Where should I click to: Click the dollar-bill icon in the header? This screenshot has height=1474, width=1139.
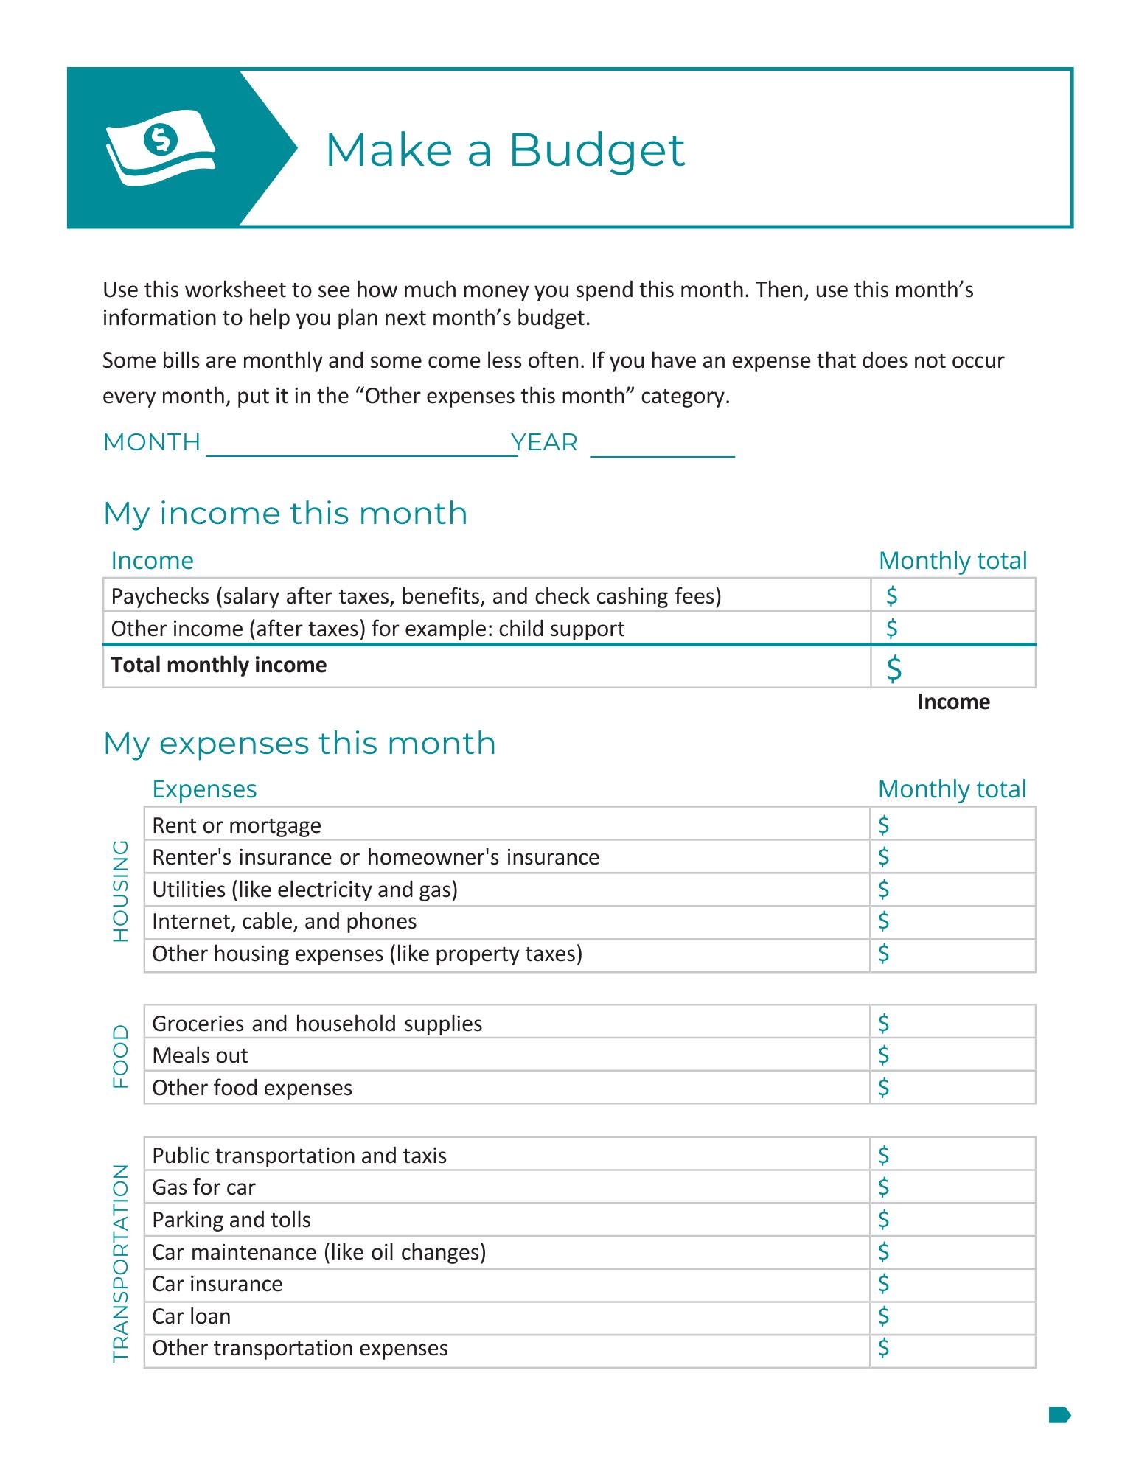pyautogui.click(x=161, y=147)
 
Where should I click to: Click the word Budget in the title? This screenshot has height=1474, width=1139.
pyautogui.click(x=596, y=150)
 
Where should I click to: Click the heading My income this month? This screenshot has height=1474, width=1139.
pyautogui.click(x=285, y=514)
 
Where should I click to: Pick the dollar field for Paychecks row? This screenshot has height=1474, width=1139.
pyautogui.click(x=952, y=595)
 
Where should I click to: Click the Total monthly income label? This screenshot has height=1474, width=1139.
pyautogui.click(x=219, y=665)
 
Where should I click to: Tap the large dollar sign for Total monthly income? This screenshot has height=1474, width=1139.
pyautogui.click(x=894, y=668)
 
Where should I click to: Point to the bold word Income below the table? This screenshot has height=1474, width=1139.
pyautogui.click(x=952, y=702)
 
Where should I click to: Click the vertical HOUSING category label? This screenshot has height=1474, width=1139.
pyautogui.click(x=120, y=890)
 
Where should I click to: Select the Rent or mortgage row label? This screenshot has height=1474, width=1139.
pyautogui.click(x=237, y=825)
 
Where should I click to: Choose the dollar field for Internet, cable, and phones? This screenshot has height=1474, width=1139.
pyautogui.click(x=952, y=921)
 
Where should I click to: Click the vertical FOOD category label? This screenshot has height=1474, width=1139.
pyautogui.click(x=120, y=1055)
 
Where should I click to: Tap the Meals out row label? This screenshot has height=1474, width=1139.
pyautogui.click(x=200, y=1055)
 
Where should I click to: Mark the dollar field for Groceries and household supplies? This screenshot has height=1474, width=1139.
pyautogui.click(x=952, y=1023)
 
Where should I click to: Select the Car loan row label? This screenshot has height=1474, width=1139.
pyautogui.click(x=192, y=1316)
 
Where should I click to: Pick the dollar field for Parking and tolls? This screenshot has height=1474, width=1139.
pyautogui.click(x=952, y=1220)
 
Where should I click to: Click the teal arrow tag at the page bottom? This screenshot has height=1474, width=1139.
pyautogui.click(x=1059, y=1414)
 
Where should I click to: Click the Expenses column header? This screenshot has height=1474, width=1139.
pyautogui.click(x=204, y=789)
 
